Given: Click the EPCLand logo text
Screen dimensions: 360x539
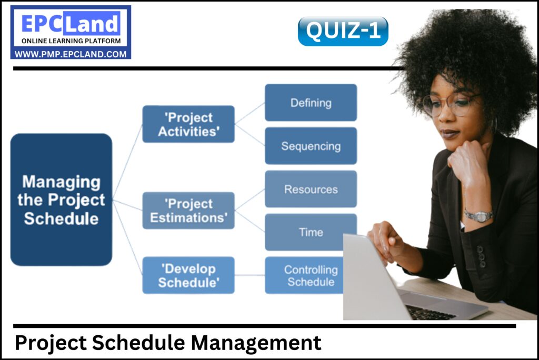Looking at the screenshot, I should (x=71, y=24).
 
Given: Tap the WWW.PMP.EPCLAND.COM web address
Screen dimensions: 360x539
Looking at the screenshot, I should (x=71, y=54).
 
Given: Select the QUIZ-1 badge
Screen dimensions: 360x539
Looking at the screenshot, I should (x=343, y=31).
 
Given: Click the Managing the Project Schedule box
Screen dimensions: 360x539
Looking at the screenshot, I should (x=61, y=200).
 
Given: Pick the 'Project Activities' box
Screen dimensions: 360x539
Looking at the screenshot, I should (x=188, y=124).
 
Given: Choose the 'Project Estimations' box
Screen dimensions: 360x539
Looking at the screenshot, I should (x=188, y=211).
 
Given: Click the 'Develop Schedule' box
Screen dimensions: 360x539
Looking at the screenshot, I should (x=188, y=275).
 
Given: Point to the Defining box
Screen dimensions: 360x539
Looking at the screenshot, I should (x=311, y=103).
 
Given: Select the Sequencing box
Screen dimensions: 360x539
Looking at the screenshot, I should (x=311, y=146).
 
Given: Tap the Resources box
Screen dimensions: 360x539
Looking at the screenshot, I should (x=311, y=189).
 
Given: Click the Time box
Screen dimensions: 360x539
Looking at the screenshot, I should (x=311, y=232).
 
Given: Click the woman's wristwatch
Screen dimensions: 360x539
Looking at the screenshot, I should (x=478, y=215).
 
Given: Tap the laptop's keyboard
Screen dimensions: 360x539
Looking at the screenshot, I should (x=429, y=312).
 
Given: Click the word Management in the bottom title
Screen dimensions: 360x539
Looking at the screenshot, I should (x=256, y=343).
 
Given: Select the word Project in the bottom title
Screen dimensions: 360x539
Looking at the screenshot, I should (x=51, y=343).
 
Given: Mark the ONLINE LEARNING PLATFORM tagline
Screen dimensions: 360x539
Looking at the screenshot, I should (x=71, y=41).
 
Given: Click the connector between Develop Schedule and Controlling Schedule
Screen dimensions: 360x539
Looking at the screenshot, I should (x=249, y=275).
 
